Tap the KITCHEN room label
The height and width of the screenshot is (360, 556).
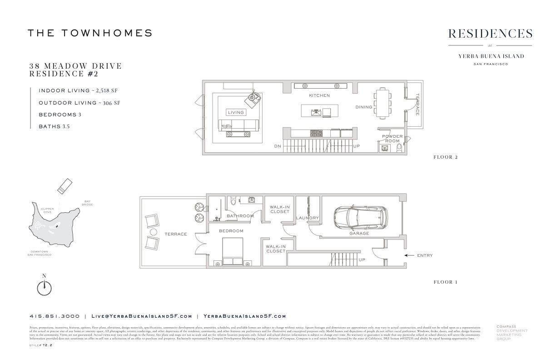(x=319, y=95)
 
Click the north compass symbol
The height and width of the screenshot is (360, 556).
(x=44, y=287)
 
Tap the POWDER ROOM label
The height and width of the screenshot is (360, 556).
(x=392, y=139)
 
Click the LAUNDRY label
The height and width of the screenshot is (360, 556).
(x=308, y=218)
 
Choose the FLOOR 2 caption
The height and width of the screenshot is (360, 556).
(x=446, y=157)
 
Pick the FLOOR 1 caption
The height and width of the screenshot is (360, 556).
(x=446, y=282)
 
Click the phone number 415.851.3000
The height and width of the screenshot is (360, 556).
(x=55, y=316)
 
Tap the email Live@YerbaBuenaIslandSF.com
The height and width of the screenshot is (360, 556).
(x=142, y=316)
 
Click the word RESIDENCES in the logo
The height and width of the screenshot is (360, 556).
(x=490, y=34)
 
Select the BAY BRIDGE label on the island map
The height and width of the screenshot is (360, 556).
(x=88, y=203)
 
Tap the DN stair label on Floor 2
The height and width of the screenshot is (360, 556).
(x=277, y=146)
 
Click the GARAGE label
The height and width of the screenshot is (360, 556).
(x=359, y=234)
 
